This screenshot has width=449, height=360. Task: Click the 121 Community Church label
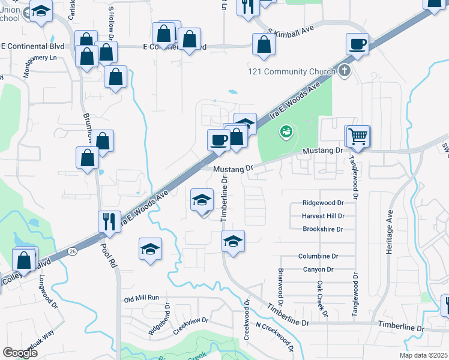[292, 72]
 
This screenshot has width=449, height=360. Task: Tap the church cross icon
[344, 72]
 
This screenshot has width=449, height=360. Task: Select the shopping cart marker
[358, 136]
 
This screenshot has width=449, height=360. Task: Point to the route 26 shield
[73, 250]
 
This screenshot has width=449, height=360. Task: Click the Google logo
[20, 353]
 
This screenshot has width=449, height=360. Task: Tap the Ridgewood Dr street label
[327, 203]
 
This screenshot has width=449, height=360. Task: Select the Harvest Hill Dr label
[324, 216]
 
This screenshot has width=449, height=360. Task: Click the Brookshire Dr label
[322, 229]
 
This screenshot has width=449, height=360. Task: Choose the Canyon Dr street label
[318, 269]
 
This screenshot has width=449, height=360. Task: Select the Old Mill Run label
[141, 298]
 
